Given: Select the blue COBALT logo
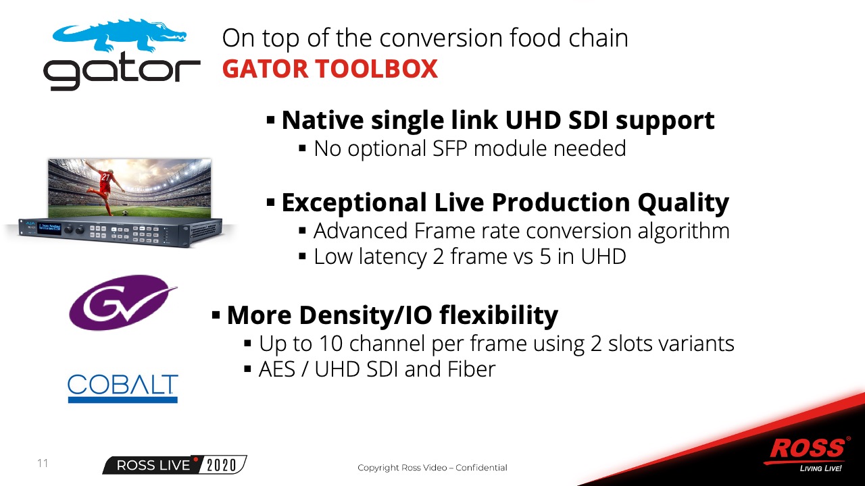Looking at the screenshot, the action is click(x=123, y=388).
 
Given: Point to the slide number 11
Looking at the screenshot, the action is click(x=43, y=463).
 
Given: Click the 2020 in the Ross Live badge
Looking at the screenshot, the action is click(x=222, y=465).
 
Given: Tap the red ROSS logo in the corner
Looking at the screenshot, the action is click(x=808, y=450).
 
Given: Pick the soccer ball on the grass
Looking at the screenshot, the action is click(x=125, y=213).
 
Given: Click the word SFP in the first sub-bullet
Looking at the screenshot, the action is click(x=450, y=148).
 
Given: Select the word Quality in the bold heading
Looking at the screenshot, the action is click(x=683, y=203).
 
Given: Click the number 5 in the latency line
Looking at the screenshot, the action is click(x=545, y=256).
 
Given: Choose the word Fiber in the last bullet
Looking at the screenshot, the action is click(x=471, y=369).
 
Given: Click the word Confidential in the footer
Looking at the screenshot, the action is click(x=481, y=468).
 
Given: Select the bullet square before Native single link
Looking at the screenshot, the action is click(x=270, y=119).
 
